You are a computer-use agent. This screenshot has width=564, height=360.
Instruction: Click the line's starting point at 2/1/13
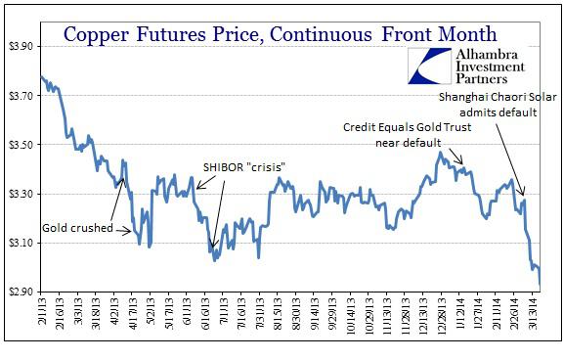[x=41, y=75]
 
